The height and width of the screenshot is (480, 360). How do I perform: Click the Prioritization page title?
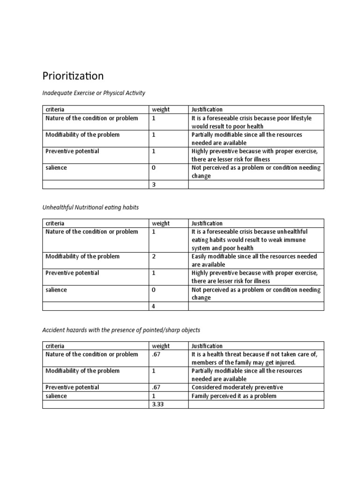click(x=73, y=75)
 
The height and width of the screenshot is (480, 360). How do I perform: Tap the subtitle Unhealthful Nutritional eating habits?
click(x=90, y=207)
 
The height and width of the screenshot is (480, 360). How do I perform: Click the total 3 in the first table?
click(x=153, y=185)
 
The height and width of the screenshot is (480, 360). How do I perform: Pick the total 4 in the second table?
click(x=153, y=306)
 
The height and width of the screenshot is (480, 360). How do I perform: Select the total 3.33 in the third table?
click(x=157, y=404)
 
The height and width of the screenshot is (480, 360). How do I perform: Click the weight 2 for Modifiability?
click(x=153, y=256)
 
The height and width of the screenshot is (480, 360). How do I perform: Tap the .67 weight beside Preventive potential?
click(x=156, y=387)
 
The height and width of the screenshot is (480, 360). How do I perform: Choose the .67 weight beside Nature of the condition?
click(x=156, y=354)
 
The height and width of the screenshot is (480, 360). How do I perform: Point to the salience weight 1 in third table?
click(x=153, y=396)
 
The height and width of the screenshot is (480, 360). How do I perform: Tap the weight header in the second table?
click(x=160, y=223)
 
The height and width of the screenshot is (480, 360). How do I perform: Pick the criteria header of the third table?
click(x=55, y=346)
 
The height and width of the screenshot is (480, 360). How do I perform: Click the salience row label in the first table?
click(x=56, y=168)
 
